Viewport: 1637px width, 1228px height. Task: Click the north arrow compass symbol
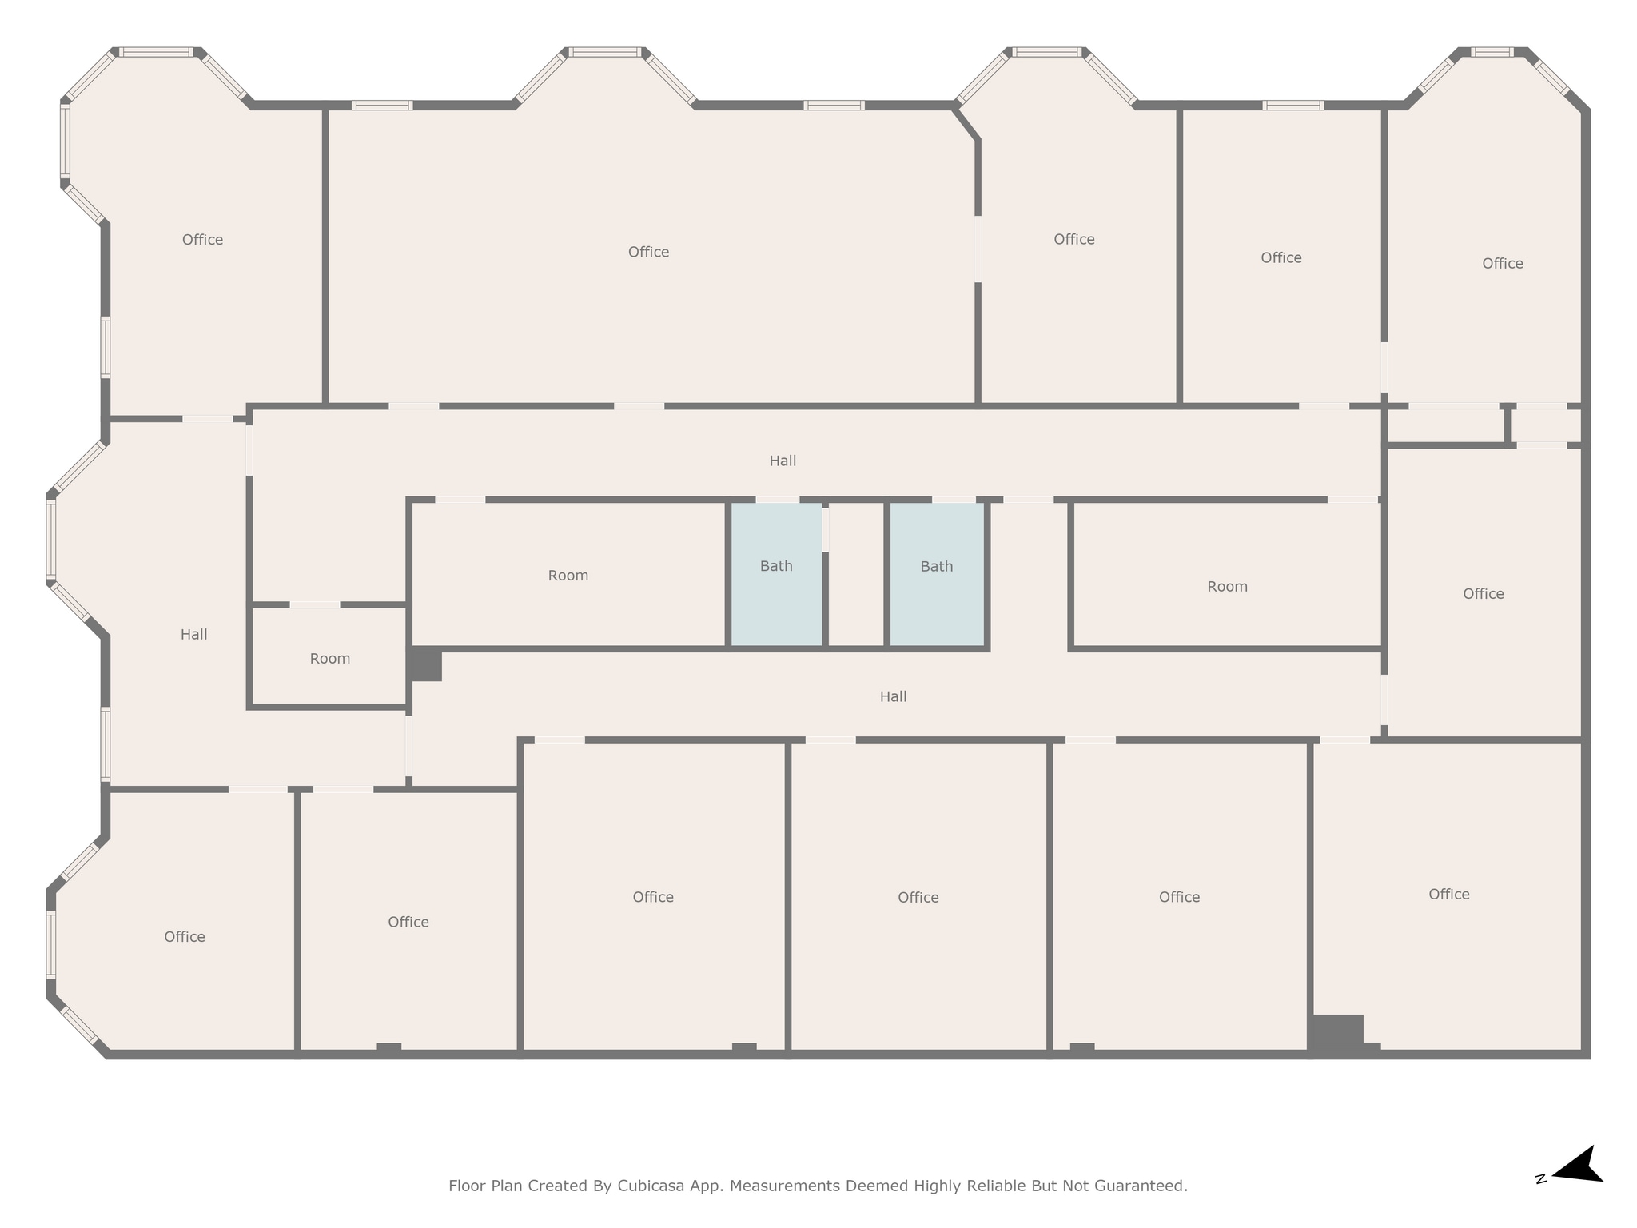pyautogui.click(x=1575, y=1188)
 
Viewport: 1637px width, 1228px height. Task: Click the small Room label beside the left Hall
pyautogui.click(x=329, y=659)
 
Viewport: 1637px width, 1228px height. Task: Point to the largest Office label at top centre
pyautogui.click(x=648, y=253)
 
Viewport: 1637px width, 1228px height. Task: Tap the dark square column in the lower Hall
pyautogui.click(x=425, y=665)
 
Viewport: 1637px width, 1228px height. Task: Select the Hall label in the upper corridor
pyautogui.click(x=783, y=460)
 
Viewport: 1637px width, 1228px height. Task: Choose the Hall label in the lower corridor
pyautogui.click(x=893, y=696)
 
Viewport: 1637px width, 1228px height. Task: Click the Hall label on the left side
pyautogui.click(x=193, y=634)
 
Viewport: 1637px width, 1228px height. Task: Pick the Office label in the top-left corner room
pyautogui.click(x=202, y=240)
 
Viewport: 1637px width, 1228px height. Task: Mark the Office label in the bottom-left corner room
pyautogui.click(x=185, y=936)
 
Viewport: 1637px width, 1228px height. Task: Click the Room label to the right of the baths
pyautogui.click(x=1227, y=587)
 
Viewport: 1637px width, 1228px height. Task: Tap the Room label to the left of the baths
pyautogui.click(x=568, y=576)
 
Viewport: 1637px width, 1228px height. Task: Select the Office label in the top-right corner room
pyautogui.click(x=1502, y=264)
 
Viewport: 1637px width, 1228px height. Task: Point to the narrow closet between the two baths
pyautogui.click(x=856, y=576)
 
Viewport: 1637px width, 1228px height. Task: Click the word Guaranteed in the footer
pyautogui.click(x=1135, y=1186)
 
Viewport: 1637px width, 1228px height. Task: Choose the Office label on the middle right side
pyautogui.click(x=1483, y=594)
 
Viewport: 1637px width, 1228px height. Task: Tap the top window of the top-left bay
pyautogui.click(x=156, y=53)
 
